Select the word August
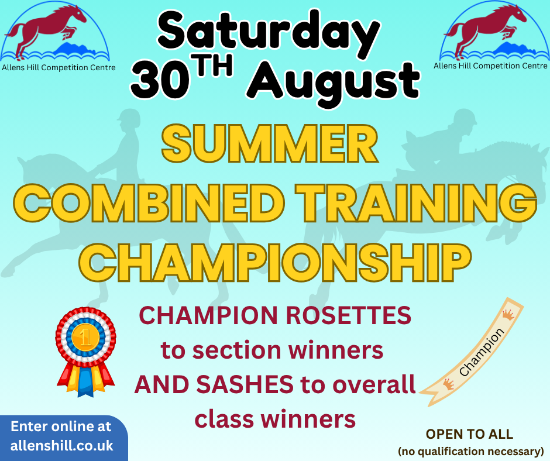(x=334, y=83)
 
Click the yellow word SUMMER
(x=270, y=144)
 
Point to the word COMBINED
(x=149, y=204)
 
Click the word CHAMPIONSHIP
(x=275, y=263)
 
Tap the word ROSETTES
(x=348, y=315)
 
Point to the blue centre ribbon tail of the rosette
(x=85, y=381)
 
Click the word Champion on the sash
(x=481, y=352)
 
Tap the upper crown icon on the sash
(x=508, y=314)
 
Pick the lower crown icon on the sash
(x=448, y=384)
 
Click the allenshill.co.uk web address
(x=62, y=446)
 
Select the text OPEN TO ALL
(x=469, y=434)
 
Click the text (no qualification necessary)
(x=471, y=451)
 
